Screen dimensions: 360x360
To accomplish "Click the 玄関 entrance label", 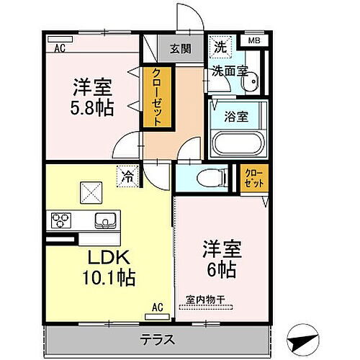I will tap(181, 50).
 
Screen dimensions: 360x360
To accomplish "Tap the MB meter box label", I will tap(254, 40).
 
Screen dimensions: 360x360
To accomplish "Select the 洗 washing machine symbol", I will tap(219, 49).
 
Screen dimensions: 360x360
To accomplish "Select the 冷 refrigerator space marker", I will tap(127, 175).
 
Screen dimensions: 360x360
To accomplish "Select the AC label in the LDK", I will tap(157, 307).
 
